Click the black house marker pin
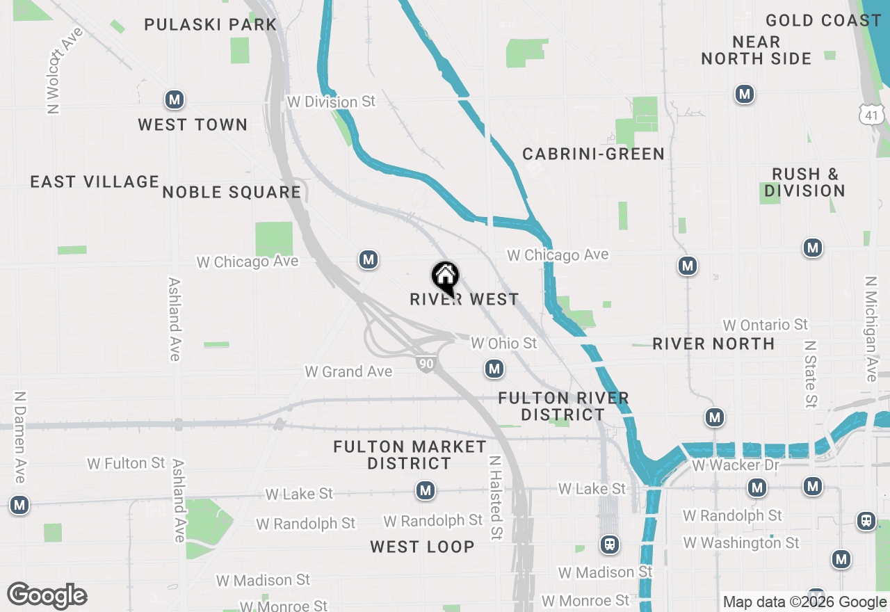445,277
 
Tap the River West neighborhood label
464,300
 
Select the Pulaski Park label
211,24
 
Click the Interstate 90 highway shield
427,363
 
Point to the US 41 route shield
872,114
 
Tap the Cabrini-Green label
593,154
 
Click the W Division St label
331,102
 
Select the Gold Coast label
823,20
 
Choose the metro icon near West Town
175,100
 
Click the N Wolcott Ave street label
63,70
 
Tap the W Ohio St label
503,344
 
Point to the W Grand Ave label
348,372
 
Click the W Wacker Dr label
736,465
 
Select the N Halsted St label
495,498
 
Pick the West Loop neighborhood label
422,547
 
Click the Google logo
47,596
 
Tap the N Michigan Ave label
871,329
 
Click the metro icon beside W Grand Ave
494,369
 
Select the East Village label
95,182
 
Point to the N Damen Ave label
20,437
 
